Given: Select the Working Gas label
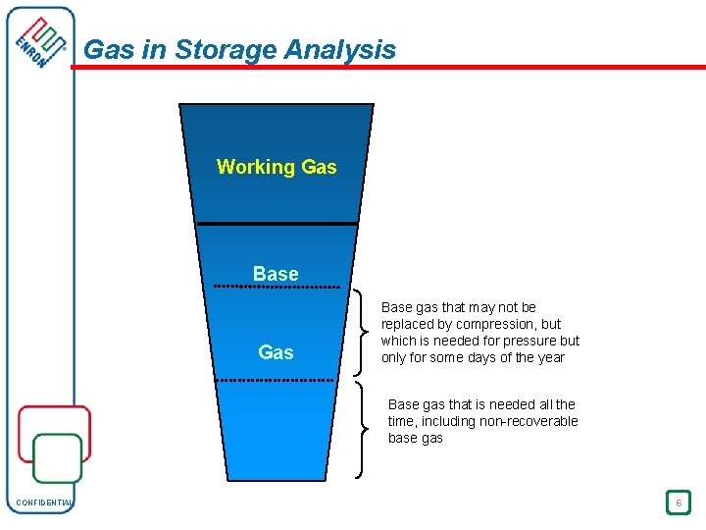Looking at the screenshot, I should pyautogui.click(x=277, y=167).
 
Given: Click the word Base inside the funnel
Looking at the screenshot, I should pyautogui.click(x=276, y=274).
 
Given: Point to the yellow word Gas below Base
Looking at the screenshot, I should pyautogui.click(x=276, y=352).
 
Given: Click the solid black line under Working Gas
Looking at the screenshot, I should pyautogui.click(x=277, y=225).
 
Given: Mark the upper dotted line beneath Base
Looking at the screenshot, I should pyautogui.click(x=277, y=287).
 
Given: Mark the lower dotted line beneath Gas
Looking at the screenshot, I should pyautogui.click(x=277, y=380).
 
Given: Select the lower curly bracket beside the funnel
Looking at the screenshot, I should pyautogui.click(x=366, y=429).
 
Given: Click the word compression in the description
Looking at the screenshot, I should pyautogui.click(x=498, y=324).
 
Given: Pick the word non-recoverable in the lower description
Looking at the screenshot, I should pyautogui.click(x=529, y=421).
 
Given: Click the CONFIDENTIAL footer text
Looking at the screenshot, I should pyautogui.click(x=44, y=503).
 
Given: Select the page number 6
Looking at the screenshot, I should pyautogui.click(x=677, y=503).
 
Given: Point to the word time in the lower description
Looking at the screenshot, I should pyautogui.click(x=402, y=421).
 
